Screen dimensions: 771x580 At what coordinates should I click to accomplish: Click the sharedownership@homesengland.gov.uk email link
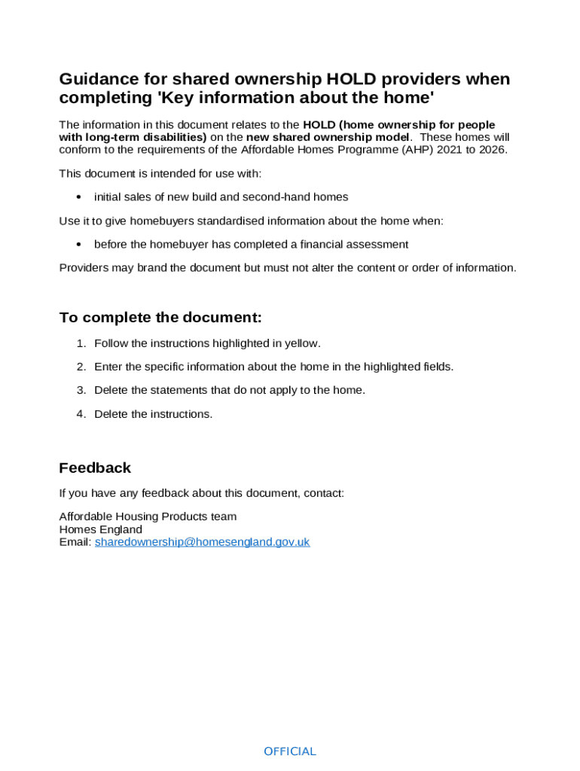[x=202, y=542]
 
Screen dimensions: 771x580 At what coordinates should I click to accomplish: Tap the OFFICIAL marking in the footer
[x=290, y=751]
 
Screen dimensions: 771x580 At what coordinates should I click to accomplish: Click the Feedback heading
[x=95, y=468]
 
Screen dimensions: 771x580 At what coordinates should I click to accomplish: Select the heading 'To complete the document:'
[x=160, y=318]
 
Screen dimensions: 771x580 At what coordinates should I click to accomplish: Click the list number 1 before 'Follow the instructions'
[x=81, y=343]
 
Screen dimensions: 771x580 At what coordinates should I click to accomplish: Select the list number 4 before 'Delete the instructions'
[x=81, y=414]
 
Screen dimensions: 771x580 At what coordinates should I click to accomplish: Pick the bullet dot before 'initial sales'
[x=79, y=197]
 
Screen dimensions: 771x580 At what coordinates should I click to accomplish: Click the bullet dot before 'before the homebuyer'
[x=79, y=245]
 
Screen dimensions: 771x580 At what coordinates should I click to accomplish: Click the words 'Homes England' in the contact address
[x=101, y=529]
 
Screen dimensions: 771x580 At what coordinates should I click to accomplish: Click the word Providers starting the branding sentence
[x=84, y=268]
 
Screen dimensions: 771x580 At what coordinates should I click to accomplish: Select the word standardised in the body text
[x=237, y=221]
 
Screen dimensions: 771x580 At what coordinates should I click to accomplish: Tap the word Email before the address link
[x=75, y=542]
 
